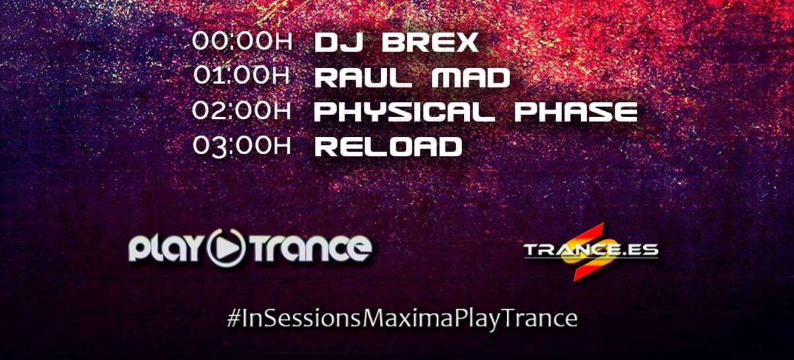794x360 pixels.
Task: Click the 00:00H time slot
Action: pyautogui.click(x=242, y=41)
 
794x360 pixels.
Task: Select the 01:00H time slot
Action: pyautogui.click(x=242, y=75)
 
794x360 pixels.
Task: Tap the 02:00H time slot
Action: pyautogui.click(x=242, y=110)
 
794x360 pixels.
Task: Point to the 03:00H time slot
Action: pyautogui.click(x=242, y=146)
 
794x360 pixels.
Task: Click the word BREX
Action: pyautogui.click(x=430, y=42)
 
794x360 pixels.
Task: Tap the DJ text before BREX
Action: pyautogui.click(x=338, y=42)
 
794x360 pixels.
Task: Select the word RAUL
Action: pyautogui.click(x=363, y=77)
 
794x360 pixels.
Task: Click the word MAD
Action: pyautogui.click(x=471, y=77)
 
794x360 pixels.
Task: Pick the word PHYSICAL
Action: pyautogui.click(x=405, y=112)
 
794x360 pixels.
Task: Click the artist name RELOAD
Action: pyautogui.click(x=388, y=146)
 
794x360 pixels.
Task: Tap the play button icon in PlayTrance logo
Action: pyautogui.click(x=227, y=247)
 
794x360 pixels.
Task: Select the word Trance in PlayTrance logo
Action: pyautogui.click(x=311, y=247)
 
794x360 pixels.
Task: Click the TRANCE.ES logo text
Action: pyautogui.click(x=591, y=249)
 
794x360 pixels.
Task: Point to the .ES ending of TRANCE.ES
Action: pyautogui.click(x=639, y=249)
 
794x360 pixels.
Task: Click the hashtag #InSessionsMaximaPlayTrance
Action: pyautogui.click(x=402, y=318)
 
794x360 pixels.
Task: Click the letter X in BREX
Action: pyautogui.click(x=466, y=42)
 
